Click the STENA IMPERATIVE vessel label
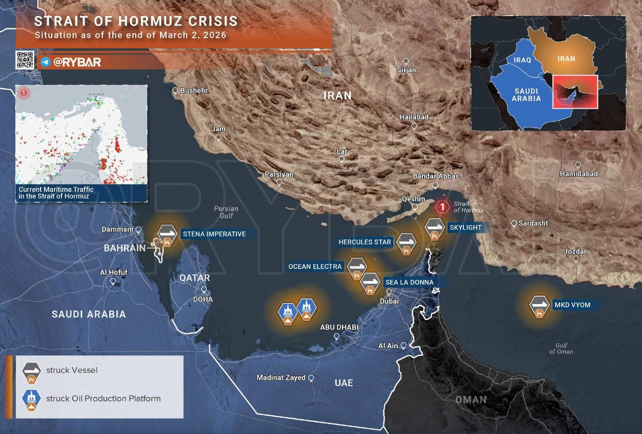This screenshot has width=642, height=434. coord(214,234)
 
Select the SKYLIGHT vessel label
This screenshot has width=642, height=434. coord(465,228)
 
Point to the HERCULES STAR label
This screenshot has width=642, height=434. coord(365,242)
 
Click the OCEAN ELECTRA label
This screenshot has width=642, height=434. coord(315,267)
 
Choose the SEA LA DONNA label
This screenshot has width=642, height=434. coord(409,282)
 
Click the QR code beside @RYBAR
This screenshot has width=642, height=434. coord(25,60)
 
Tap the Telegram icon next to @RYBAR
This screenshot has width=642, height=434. coord(46,62)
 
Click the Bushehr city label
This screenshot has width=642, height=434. coord(194,91)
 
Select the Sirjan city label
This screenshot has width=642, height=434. coord(406,70)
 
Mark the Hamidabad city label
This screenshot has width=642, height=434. coord(579,173)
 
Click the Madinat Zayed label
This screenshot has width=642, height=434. coord(281,377)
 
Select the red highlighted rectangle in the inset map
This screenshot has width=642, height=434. coord(575,92)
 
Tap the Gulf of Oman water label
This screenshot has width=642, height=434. coord(561,348)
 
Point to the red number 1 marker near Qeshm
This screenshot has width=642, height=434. coord(442,206)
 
